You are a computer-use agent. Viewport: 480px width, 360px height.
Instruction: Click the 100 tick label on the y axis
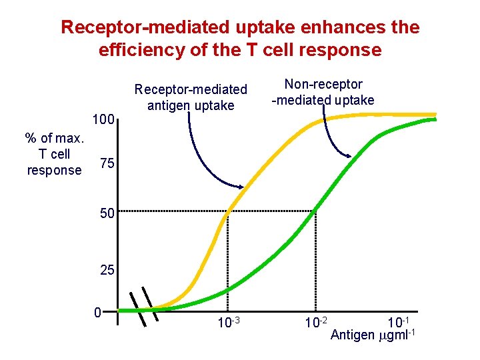coord(103,121)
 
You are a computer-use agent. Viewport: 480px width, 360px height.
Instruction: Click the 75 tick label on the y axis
coord(106,164)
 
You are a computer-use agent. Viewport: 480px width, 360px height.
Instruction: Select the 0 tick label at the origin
coord(97,312)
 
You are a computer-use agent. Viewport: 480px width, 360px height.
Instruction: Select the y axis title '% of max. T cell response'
coord(55,154)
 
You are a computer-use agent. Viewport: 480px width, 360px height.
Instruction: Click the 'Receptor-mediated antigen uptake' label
coord(191,97)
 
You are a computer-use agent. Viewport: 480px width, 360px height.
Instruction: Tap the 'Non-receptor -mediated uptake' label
coord(323,93)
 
